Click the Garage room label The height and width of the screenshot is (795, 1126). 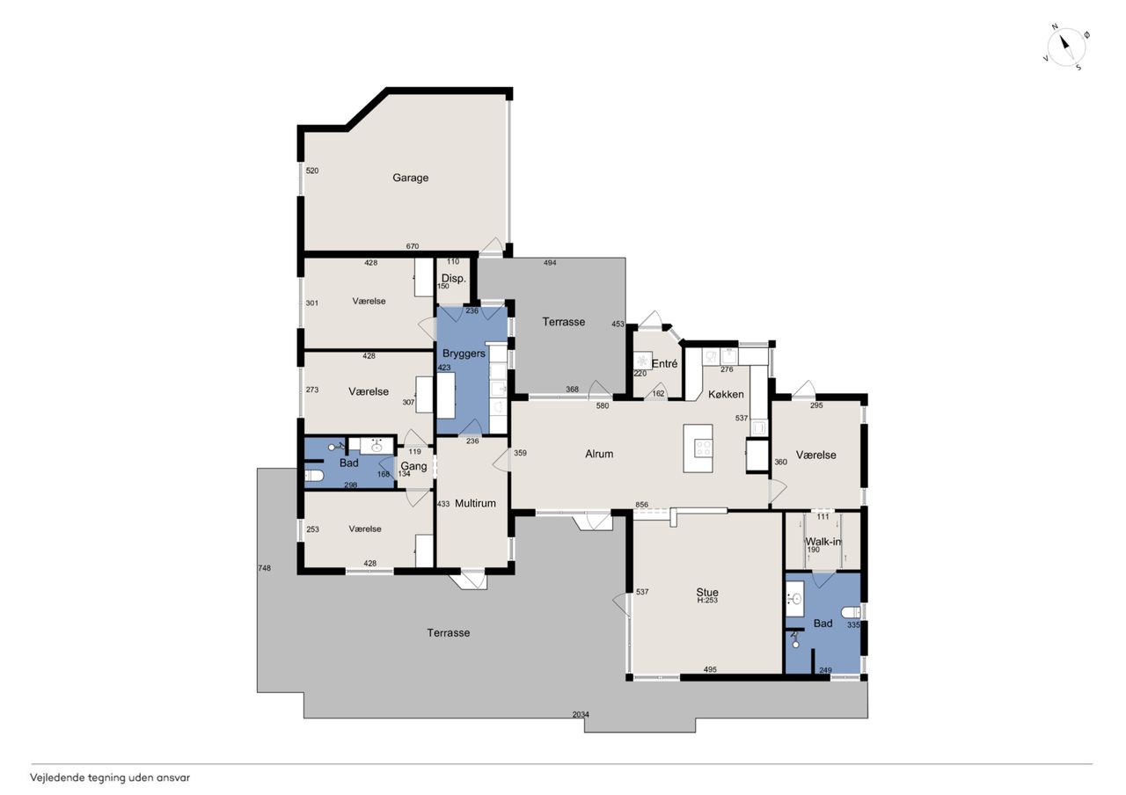pos(410,178)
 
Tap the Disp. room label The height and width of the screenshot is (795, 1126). pos(453,279)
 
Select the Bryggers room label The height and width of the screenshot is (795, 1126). pos(464,354)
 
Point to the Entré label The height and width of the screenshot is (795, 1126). pos(664,363)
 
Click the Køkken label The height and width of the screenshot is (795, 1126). pos(726,394)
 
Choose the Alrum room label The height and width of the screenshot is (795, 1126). pos(599,454)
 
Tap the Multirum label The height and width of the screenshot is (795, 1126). pos(475,503)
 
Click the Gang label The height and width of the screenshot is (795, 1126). pos(413,466)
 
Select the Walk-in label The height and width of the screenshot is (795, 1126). pos(823,542)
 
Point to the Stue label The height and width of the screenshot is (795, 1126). pos(707,592)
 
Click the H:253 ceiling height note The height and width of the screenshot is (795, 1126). pos(707,601)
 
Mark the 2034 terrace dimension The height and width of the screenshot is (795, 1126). pos(581,714)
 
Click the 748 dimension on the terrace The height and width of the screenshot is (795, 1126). pos(265,568)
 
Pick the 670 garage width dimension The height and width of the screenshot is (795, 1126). pos(413,246)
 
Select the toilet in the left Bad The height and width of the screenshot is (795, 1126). pos(314,475)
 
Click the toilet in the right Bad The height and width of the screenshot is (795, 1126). pos(851,613)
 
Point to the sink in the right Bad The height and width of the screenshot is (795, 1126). pos(795,599)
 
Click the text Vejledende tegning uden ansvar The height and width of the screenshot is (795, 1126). pos(110,778)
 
